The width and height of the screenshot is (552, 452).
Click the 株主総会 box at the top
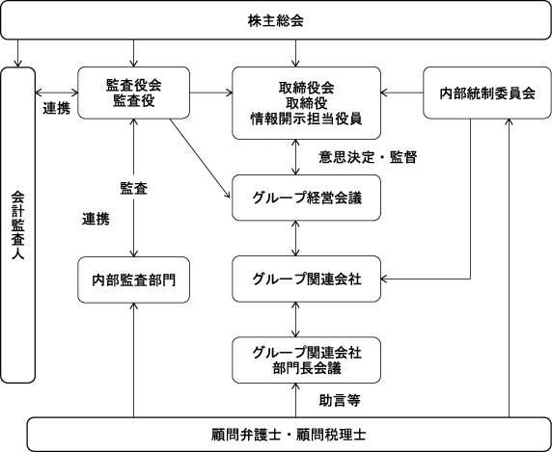(276, 20)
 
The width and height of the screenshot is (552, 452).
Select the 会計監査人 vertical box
(18, 225)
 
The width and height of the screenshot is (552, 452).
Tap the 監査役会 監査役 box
(133, 93)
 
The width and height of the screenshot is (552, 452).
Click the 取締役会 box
(306, 103)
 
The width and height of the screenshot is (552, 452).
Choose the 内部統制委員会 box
(487, 93)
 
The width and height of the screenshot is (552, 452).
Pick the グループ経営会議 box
(306, 198)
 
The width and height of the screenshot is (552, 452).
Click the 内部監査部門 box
(133, 279)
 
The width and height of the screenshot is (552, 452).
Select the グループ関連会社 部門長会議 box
(306, 359)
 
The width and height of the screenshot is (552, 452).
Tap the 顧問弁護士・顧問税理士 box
(289, 435)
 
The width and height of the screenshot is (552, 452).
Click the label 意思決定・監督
(368, 157)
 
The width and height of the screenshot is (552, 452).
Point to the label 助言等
(340, 400)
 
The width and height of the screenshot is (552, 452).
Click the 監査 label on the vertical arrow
(134, 188)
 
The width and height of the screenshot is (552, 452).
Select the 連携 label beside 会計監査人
(57, 108)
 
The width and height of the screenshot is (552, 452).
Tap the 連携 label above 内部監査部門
(96, 219)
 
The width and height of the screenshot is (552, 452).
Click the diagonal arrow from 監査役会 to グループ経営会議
(200, 158)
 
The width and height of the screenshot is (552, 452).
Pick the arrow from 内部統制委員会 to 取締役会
(401, 93)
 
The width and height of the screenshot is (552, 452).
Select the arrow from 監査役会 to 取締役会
(211, 93)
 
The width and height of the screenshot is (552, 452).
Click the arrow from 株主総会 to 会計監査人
(18, 53)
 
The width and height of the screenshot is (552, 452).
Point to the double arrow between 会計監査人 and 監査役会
(57, 93)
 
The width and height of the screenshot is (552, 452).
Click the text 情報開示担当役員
(306, 120)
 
